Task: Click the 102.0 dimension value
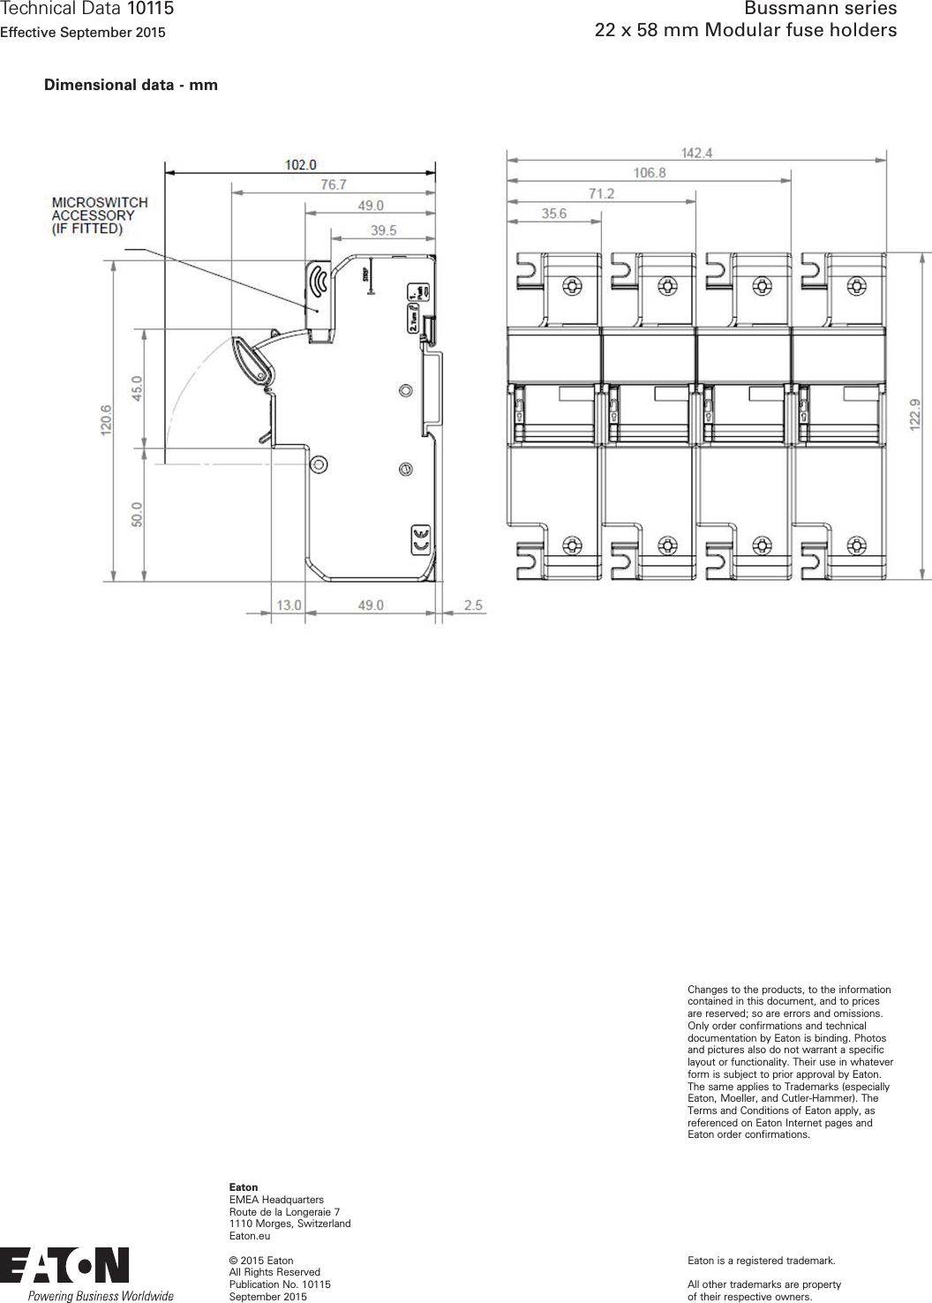[x=300, y=164]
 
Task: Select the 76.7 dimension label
[x=333, y=185]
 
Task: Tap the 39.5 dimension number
[x=383, y=230]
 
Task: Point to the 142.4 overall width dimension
[x=695, y=153]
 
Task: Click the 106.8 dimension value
[x=649, y=173]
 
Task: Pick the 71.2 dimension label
[x=601, y=193]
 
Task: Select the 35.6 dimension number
[x=553, y=213]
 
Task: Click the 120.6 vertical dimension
[x=106, y=420]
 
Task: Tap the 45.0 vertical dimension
[x=136, y=388]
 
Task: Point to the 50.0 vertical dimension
[x=136, y=514]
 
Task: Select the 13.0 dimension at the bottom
[x=289, y=606]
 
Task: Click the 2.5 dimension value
[x=473, y=606]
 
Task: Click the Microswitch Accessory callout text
[x=99, y=215]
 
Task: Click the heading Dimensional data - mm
[x=131, y=86]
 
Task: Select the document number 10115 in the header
[x=150, y=10]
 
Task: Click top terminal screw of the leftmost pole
[x=572, y=286]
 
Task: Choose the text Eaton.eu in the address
[x=250, y=1236]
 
